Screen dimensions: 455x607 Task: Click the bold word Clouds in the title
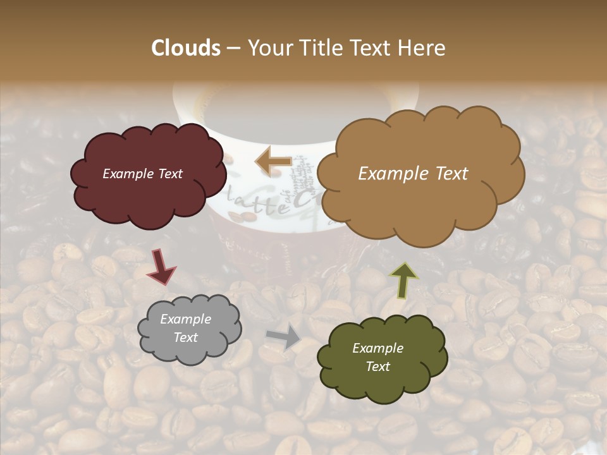pyautogui.click(x=186, y=48)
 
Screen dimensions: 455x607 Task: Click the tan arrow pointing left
pyautogui.click(x=273, y=161)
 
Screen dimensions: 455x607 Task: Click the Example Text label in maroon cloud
pyautogui.click(x=142, y=174)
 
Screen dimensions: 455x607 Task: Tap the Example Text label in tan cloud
pyautogui.click(x=413, y=174)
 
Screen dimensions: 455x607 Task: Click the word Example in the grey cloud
pyautogui.click(x=185, y=319)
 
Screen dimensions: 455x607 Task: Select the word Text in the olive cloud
pyautogui.click(x=377, y=367)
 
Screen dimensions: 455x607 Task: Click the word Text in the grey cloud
pyautogui.click(x=185, y=337)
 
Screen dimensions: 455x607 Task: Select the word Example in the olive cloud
pyautogui.click(x=377, y=348)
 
